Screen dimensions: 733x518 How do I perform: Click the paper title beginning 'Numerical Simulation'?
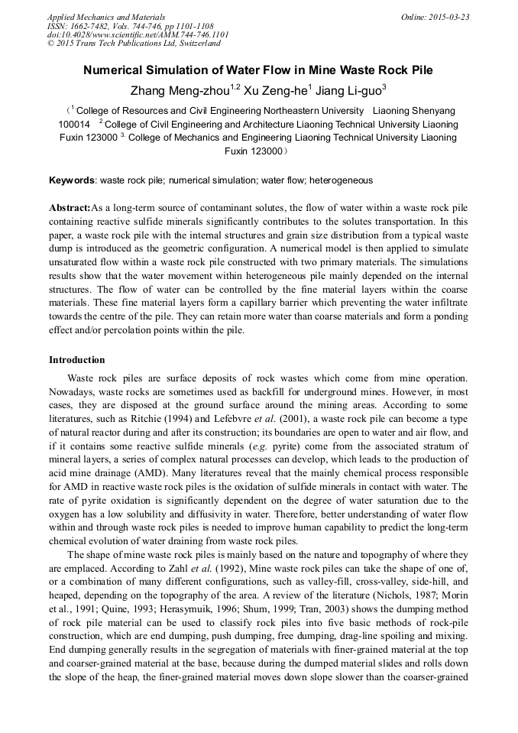(x=258, y=70)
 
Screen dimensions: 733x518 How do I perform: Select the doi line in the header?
(x=138, y=35)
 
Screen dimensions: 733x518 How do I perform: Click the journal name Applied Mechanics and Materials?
(x=106, y=17)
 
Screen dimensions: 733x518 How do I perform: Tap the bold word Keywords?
(x=72, y=181)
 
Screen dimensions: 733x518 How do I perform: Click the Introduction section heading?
(x=77, y=359)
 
